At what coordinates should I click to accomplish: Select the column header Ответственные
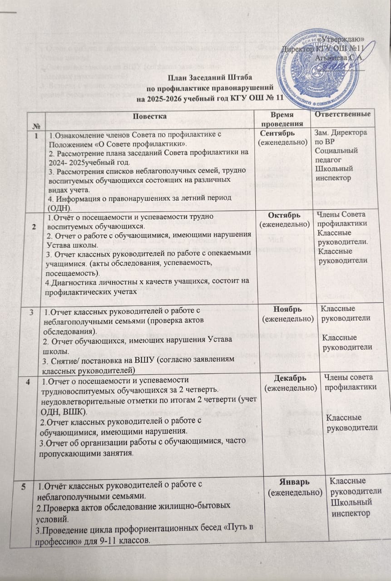(346, 113)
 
